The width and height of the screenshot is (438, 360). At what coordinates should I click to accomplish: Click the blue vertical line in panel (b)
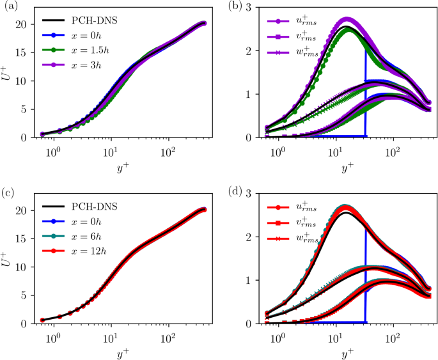point(365,96)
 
